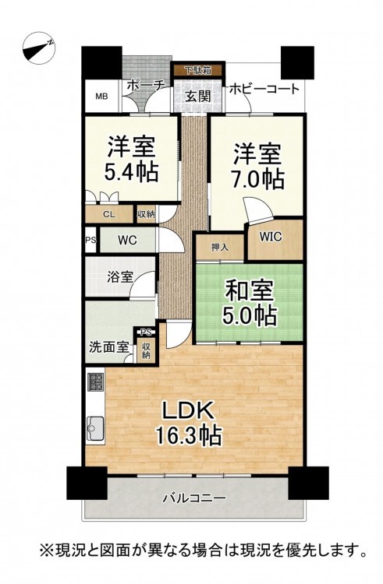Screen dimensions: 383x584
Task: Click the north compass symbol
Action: point(39,51)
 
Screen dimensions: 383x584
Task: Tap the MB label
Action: point(101,97)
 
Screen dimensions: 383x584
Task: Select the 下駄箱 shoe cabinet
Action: point(198,69)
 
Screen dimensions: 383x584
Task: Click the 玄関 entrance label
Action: point(198,97)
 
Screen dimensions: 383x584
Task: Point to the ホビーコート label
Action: point(264,89)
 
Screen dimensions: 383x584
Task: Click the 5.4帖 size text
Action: point(131,172)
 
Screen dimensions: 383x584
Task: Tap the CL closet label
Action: point(109,215)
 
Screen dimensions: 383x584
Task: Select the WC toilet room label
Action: point(128,241)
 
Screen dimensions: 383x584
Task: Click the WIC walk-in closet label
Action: point(271,237)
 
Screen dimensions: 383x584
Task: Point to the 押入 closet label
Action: point(220,247)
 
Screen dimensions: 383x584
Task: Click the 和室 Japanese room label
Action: point(249,290)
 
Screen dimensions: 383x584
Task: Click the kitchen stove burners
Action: point(95,382)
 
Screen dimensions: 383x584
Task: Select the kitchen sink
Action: point(95,427)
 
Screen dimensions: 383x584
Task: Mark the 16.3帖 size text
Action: point(189,435)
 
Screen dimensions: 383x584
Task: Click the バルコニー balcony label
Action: point(193,498)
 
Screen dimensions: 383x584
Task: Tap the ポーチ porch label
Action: point(145,86)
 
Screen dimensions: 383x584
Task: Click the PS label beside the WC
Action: point(90,241)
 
